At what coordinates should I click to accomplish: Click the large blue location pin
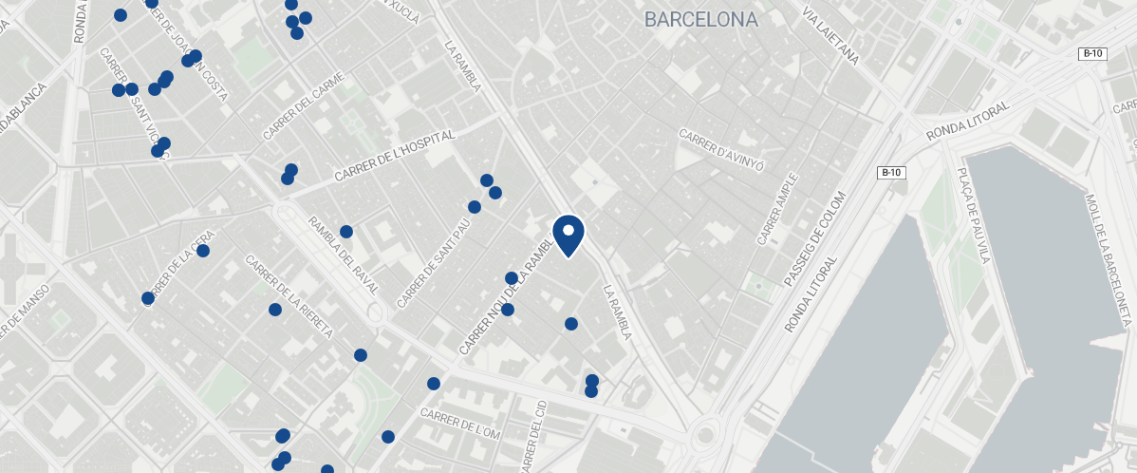pos(568,235)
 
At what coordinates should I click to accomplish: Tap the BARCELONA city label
pos(700,19)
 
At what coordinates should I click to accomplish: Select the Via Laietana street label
pos(830,39)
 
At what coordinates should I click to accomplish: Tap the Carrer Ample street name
pos(777,210)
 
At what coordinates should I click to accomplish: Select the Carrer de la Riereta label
pos(289,297)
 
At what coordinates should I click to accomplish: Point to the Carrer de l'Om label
pos(459,423)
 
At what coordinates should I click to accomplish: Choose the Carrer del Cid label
pos(535,436)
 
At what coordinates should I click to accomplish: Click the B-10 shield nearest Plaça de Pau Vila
pos(890,173)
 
